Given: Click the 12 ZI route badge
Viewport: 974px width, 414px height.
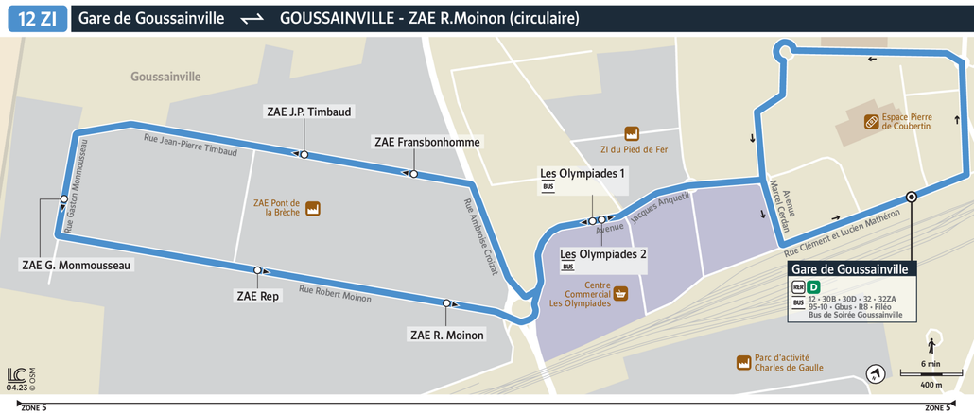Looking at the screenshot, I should coord(37,18).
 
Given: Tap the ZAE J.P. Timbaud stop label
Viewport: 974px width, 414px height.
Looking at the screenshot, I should coord(309,112).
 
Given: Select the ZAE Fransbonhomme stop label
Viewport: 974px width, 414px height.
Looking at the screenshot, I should coord(427,142).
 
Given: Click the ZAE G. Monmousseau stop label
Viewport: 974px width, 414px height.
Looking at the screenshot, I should coord(77,265).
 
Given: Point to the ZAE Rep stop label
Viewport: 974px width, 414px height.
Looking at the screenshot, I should coord(256,296).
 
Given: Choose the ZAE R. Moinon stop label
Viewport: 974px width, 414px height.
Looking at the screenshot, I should coord(446,335).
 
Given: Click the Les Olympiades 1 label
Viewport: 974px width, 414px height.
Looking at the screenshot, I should coord(583,173).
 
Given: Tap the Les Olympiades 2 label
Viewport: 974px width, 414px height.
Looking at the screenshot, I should coord(603,253).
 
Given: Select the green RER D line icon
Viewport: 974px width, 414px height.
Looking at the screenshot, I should coord(814,286).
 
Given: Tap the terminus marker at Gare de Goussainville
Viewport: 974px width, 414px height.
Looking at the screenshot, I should coord(911,197).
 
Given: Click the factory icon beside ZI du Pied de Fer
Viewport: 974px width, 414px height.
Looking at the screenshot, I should coord(631,134).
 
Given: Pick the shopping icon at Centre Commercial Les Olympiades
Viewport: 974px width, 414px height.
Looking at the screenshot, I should coord(621,294).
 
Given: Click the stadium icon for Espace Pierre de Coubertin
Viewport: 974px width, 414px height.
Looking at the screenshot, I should coord(869,121).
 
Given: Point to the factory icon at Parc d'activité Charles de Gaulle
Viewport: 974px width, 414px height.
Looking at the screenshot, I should coord(743,362).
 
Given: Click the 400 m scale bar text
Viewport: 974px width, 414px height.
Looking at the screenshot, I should coord(931,384).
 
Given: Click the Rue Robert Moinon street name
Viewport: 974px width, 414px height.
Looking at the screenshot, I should coord(335,294).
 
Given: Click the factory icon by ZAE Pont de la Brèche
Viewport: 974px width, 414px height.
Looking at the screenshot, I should coord(313,208).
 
